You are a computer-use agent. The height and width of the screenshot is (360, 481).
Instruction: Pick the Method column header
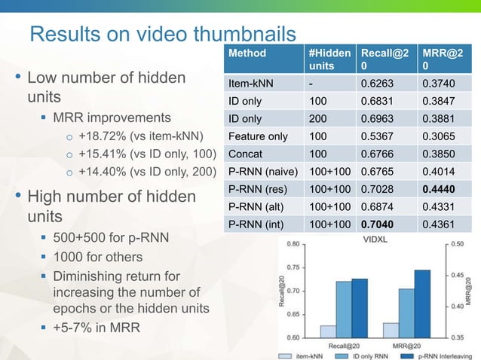tap(248, 54)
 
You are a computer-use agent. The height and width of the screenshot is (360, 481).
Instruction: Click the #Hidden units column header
tap(329, 60)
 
